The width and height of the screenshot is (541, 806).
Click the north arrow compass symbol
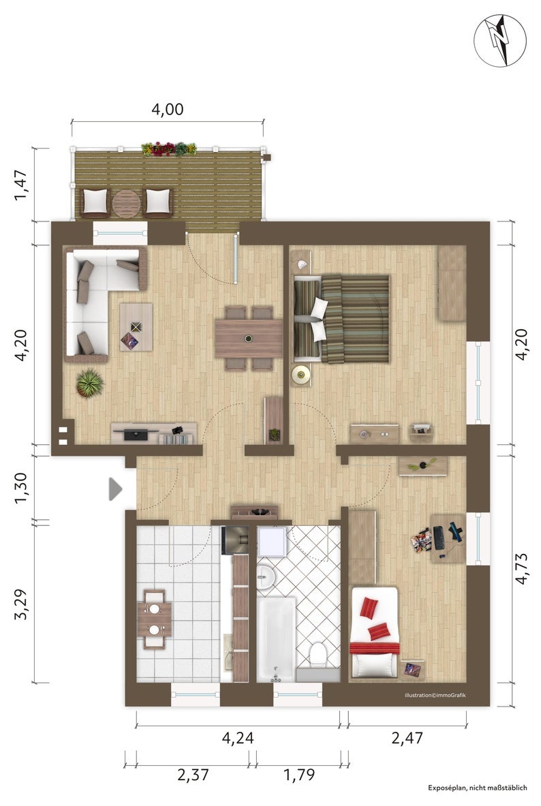pos(500,40)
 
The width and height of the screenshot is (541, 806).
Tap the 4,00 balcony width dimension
pos(167,110)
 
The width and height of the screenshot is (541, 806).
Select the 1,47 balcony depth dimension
pos(22,185)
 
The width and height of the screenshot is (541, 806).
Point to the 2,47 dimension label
pos(407,738)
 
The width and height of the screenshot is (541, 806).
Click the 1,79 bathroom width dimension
pos(299,774)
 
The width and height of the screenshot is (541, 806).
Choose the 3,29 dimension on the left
pos(22,604)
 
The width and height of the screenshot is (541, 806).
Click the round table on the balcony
pos(127,204)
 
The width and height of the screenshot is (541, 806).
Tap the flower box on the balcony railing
pos(169,149)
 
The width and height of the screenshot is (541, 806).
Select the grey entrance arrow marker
pos(114,489)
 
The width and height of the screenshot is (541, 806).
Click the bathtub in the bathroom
pos(276,639)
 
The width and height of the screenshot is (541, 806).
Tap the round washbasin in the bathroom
pos(265,577)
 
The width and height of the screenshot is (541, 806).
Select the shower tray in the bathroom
pos(273,541)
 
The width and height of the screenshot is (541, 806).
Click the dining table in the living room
pos(249,338)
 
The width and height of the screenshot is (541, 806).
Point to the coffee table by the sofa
pos(136,327)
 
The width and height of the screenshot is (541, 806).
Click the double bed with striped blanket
pos(341,319)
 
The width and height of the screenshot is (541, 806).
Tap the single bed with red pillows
pos(374,632)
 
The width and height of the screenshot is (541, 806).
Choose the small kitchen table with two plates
pos(154,619)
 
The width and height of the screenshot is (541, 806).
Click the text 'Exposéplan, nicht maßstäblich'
pos(477,788)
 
